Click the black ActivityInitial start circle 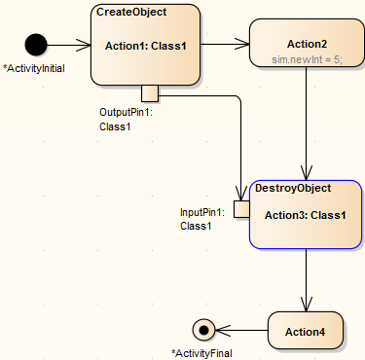pos(36,44)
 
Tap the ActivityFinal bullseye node pos(203,330)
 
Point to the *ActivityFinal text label pos(201,352)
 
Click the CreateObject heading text pos(131,12)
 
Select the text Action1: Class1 pos(145,45)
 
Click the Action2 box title pos(307,44)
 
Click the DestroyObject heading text pos(292,188)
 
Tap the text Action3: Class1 pos(307,214)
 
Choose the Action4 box pos(306,332)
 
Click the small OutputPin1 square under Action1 pos(150,93)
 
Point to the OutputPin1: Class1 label pos(127,120)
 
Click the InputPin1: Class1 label pos(201,219)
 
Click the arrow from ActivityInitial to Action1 pos(68,44)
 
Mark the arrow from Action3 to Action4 pos(307,282)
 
